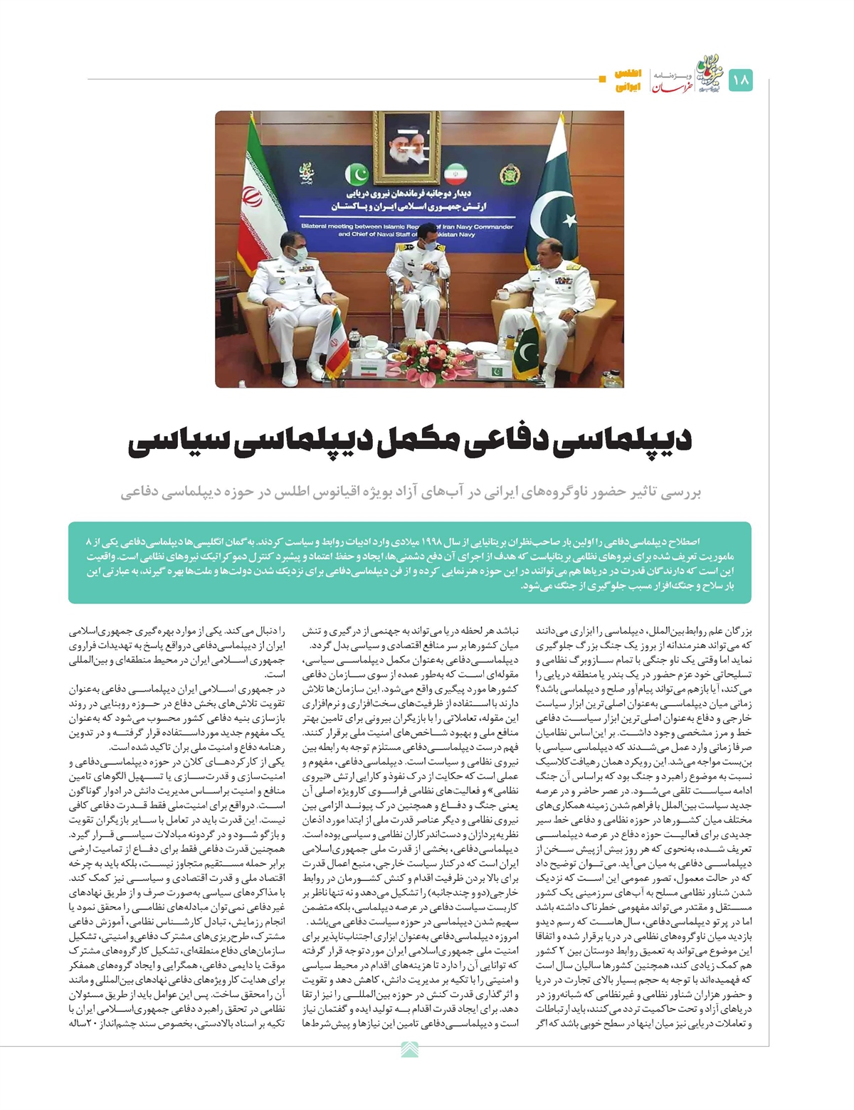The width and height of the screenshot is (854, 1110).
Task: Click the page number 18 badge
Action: (741, 80)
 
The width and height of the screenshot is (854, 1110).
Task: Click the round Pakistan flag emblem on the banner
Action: (357, 174)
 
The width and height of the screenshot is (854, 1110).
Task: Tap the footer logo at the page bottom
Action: (411, 1049)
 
